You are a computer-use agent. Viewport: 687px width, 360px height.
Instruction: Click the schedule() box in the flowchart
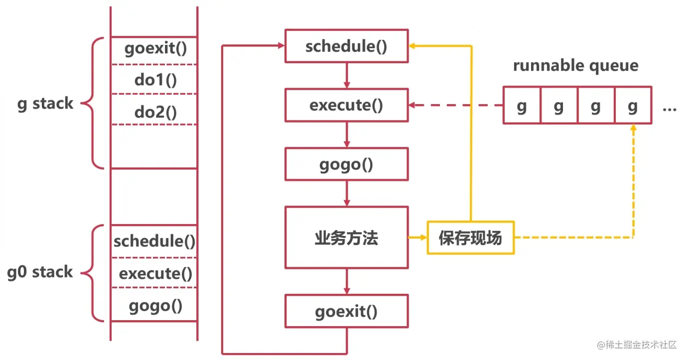point(346,46)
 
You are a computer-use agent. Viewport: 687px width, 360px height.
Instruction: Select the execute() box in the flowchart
point(346,106)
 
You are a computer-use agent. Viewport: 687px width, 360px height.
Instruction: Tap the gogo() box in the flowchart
point(346,164)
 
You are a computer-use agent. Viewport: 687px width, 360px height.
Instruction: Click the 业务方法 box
point(346,238)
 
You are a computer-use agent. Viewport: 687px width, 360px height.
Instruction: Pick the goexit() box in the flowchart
point(346,312)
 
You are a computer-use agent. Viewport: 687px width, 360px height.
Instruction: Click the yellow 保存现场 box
point(470,238)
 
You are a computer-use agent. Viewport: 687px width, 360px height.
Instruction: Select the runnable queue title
point(575,66)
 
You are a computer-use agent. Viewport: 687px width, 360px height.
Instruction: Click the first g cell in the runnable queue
point(522,106)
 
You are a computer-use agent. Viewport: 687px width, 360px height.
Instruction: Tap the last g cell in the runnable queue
point(633,106)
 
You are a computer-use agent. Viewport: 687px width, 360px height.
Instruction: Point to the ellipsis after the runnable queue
point(669,108)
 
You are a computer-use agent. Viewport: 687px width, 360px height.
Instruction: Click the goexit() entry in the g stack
point(154,50)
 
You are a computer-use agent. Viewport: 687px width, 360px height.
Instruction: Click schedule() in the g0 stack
point(154,241)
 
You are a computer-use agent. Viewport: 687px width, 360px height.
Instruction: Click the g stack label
point(45,104)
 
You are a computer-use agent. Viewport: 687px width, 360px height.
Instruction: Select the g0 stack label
point(40,272)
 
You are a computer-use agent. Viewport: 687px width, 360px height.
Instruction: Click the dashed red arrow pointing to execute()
point(456,106)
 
